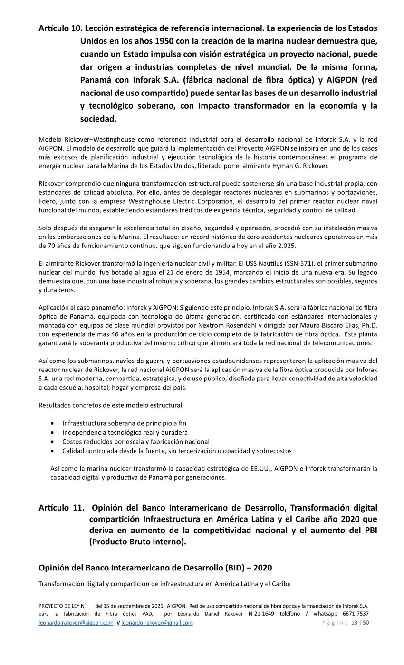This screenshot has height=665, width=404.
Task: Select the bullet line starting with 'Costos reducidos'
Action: (135, 441)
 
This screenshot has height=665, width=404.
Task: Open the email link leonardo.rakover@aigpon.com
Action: (76, 623)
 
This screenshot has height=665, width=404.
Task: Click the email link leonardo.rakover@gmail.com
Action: (157, 623)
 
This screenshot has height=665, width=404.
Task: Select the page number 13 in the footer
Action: (354, 623)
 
